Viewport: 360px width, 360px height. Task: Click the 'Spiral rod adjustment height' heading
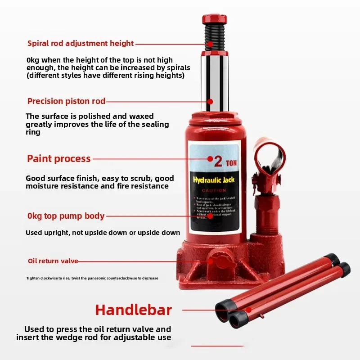coord(81,43)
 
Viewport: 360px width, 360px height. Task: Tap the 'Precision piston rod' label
coord(66,101)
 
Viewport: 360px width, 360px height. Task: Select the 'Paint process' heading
coord(59,158)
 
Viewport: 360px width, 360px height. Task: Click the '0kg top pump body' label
coord(66,216)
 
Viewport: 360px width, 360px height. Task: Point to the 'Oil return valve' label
coord(53,261)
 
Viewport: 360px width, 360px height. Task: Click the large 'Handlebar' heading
coord(134,310)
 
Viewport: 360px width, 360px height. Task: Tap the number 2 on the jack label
coord(218,161)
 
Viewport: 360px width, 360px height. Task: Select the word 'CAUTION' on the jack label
coord(214,191)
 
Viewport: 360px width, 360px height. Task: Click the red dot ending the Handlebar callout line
coord(249,310)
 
